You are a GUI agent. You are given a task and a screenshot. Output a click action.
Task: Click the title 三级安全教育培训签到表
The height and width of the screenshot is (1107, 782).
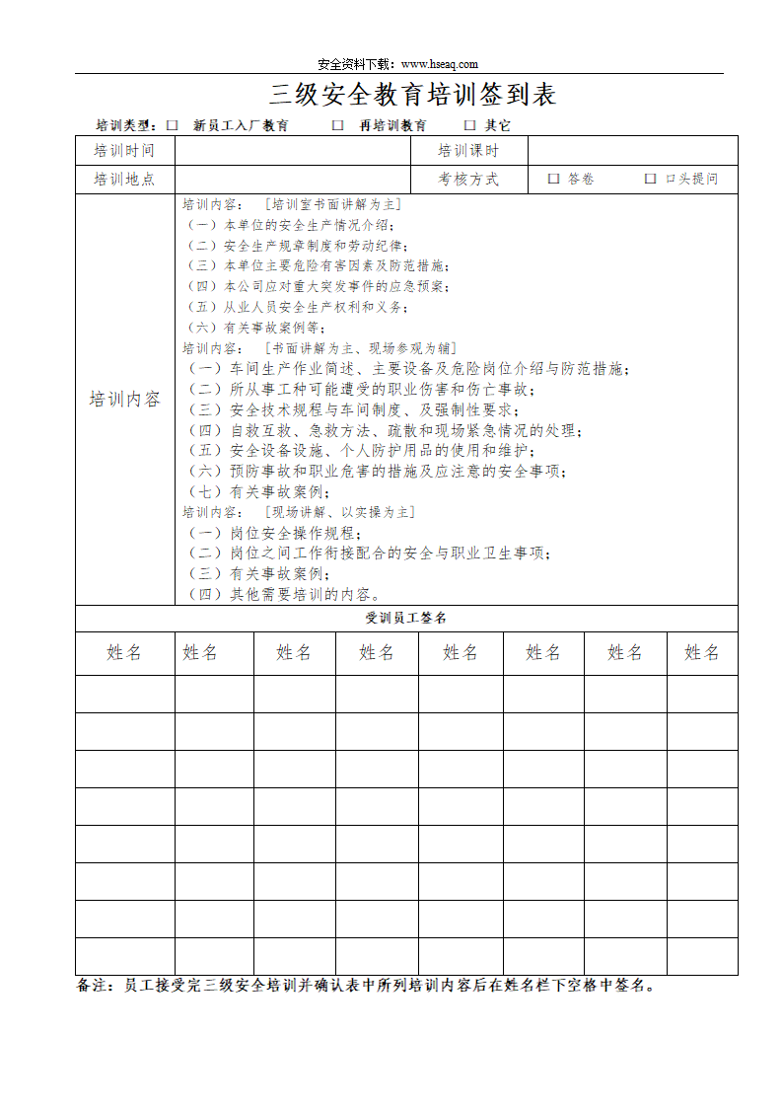click(412, 95)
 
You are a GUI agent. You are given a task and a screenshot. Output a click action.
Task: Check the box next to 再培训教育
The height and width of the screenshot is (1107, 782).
click(337, 125)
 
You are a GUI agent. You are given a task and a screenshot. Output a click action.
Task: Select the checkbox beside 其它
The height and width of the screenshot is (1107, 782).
click(469, 125)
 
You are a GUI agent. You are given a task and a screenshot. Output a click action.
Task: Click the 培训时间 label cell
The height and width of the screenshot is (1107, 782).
click(124, 151)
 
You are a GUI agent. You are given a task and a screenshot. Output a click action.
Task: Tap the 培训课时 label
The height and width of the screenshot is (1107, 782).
click(468, 151)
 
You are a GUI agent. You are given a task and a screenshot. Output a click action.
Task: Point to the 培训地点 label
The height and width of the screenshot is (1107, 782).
click(124, 180)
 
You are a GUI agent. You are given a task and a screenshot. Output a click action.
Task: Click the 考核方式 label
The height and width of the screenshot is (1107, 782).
click(468, 180)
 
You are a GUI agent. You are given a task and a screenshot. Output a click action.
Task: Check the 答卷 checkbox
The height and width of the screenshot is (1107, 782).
click(553, 180)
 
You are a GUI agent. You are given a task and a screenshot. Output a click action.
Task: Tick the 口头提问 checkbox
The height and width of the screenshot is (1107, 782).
click(650, 180)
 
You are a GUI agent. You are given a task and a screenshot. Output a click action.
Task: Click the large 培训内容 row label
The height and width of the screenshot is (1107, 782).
click(124, 400)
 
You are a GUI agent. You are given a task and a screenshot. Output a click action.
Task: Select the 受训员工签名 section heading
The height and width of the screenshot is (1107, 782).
click(406, 618)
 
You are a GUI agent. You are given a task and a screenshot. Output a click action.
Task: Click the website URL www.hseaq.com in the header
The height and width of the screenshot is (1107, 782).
click(440, 64)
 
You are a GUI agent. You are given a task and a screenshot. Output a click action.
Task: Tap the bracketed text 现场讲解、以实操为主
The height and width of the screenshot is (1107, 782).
click(339, 512)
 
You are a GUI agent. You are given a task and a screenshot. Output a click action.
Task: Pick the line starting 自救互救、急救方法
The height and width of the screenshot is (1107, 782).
click(385, 430)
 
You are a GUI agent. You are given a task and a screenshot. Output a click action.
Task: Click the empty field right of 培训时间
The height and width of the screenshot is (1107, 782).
click(292, 151)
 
